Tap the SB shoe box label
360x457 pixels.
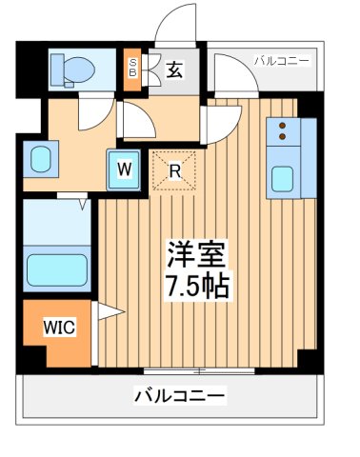[133, 69]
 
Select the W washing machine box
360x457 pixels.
[124, 170]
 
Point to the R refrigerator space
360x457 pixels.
[174, 171]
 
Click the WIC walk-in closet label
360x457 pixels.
[57, 327]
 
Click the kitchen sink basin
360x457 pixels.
[284, 178]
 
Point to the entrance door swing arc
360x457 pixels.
[177, 24]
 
